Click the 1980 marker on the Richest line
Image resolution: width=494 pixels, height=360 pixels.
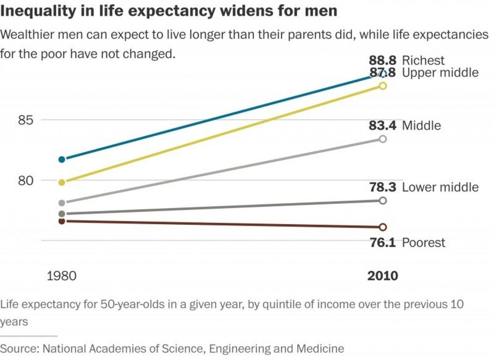point(62,159)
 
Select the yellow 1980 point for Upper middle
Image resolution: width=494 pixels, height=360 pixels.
point(62,182)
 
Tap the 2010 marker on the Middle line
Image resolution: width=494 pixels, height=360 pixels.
point(382,139)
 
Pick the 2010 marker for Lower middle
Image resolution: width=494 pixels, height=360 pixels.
point(382,200)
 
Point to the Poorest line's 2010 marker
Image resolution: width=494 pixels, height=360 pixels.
point(382,227)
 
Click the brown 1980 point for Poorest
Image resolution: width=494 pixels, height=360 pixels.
point(62,221)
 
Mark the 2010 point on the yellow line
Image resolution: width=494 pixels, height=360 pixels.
point(382,86)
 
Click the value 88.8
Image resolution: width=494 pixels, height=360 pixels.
point(382,61)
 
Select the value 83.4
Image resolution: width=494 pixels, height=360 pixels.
point(382,126)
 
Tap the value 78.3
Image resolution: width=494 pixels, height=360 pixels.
point(382,187)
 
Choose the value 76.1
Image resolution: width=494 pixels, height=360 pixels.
point(382,243)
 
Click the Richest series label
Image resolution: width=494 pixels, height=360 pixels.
point(423,61)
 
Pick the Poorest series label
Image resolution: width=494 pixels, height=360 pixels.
point(423,243)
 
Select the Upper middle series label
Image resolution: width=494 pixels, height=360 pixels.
point(440,73)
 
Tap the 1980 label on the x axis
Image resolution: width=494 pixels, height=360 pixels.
point(61,275)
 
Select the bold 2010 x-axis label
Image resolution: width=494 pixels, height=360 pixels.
point(382,275)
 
